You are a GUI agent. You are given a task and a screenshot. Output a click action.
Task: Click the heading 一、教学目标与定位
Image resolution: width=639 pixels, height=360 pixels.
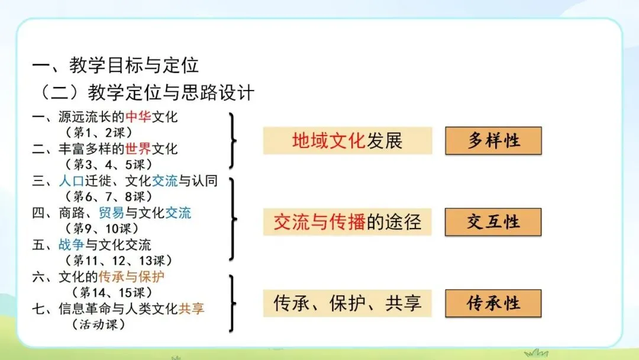coord(115,65)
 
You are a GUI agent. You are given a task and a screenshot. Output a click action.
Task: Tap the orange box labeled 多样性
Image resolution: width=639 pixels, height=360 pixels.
coord(493,141)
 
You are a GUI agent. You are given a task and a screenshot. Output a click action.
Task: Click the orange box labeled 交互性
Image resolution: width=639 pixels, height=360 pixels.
coord(493,222)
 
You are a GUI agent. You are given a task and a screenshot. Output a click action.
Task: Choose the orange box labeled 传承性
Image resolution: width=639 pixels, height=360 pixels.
coord(493,303)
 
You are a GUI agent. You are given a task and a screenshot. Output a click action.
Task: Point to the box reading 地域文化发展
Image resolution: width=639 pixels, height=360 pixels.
coord(347,141)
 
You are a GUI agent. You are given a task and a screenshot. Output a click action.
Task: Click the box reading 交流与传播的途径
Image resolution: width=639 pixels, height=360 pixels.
coord(347,222)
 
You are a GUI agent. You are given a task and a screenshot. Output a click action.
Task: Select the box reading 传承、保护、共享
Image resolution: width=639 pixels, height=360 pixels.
coord(347,303)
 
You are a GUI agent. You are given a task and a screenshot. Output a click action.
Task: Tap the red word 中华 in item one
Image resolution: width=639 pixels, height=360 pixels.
coord(138,117)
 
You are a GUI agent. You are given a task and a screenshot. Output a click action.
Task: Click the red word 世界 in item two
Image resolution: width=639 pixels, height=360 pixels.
coord(138,149)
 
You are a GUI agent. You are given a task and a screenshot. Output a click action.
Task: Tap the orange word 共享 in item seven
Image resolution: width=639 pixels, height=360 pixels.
coord(191,308)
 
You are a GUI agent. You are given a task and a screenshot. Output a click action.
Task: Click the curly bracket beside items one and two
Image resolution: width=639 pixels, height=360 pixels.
coord(233,140)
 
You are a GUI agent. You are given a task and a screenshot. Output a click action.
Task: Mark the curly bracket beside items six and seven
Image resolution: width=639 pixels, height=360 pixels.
coord(233,303)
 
